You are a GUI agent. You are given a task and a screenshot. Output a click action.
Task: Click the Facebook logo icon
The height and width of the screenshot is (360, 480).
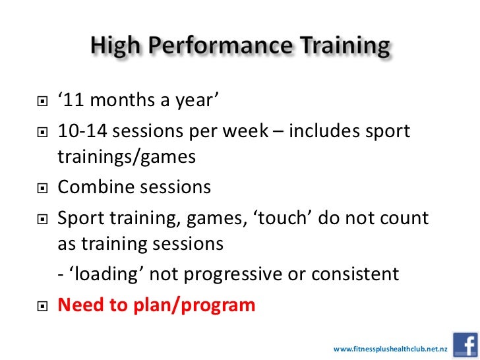465,345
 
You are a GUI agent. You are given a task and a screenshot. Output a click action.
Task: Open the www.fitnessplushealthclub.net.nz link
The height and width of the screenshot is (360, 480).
391,348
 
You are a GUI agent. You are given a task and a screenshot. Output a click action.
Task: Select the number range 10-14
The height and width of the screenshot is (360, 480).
82,131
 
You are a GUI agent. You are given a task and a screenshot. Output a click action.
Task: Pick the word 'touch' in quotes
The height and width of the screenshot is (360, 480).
278,217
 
